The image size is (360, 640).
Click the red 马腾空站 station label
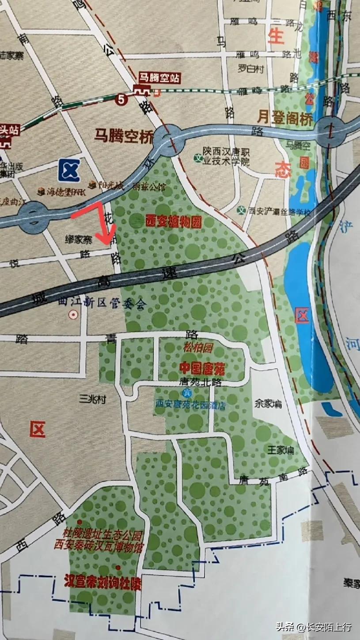(x=159, y=78)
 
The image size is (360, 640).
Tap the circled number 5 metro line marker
(x=121, y=99)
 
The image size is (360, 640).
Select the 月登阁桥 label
(x=285, y=118)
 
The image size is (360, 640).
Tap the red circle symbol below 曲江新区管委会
(x=74, y=315)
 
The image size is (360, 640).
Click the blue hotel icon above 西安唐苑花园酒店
(x=186, y=393)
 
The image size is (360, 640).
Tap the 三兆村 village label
(x=92, y=399)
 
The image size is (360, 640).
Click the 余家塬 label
(x=268, y=403)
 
